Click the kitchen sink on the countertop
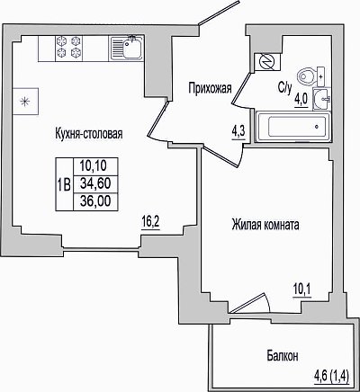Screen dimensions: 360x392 [126, 48]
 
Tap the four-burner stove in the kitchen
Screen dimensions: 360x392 [68, 48]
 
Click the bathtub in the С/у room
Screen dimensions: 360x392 [293, 127]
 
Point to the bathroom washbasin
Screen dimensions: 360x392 [321, 99]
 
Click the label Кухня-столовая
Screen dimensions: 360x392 [89, 133]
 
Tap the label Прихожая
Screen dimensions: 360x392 [210, 88]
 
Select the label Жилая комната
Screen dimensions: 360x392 [265, 225]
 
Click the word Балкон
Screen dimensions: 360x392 [283, 356]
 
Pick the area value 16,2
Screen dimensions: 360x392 [151, 222]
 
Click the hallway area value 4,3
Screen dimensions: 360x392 [238, 132]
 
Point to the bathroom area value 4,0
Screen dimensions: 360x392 [301, 99]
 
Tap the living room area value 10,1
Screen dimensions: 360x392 [302, 290]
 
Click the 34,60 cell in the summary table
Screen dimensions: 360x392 [95, 183]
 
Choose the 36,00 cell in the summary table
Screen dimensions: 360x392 [95, 201]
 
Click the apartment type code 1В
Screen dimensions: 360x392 [64, 184]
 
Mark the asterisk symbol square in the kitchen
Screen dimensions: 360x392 [25, 102]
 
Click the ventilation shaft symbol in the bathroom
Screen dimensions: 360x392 [267, 62]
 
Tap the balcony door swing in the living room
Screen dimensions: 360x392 [251, 303]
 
